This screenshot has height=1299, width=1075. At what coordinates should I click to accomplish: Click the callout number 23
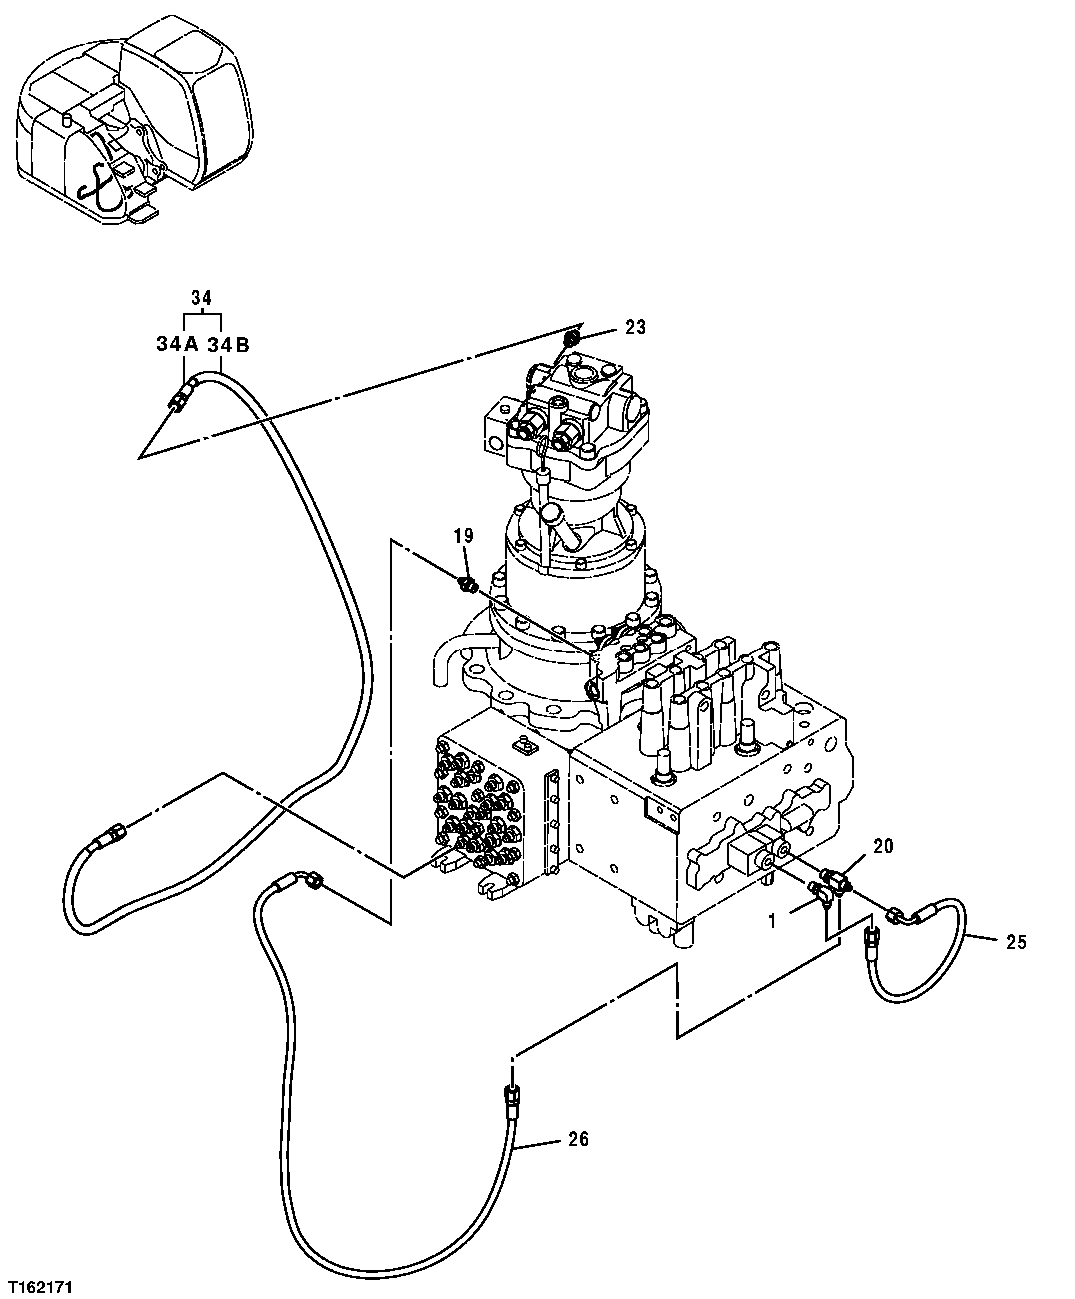coord(636,327)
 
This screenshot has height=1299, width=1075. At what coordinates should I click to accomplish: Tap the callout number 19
coord(463,537)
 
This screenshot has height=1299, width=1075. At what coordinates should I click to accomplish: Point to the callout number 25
coord(1016,941)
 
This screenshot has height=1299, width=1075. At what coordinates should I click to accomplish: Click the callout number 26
coord(578,1138)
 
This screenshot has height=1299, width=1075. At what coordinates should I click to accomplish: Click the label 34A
coord(176,344)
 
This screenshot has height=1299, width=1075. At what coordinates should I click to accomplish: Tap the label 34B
coord(229,344)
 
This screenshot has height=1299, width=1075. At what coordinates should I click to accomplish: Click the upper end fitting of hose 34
coord(180,396)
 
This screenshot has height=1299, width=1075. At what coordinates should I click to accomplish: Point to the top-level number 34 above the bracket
coord(201,297)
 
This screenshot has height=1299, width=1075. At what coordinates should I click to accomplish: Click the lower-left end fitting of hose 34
coord(107,837)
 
